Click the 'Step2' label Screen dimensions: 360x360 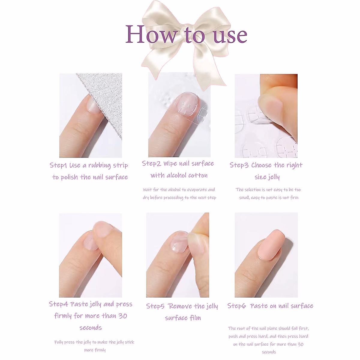tap(151, 163)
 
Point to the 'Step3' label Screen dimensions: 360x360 tap(239, 165)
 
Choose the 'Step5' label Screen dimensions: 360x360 tap(155, 306)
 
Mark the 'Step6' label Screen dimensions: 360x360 tap(236, 306)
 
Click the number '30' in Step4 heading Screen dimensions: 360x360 tap(122, 316)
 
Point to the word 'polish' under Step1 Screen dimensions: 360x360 tap(69, 178)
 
